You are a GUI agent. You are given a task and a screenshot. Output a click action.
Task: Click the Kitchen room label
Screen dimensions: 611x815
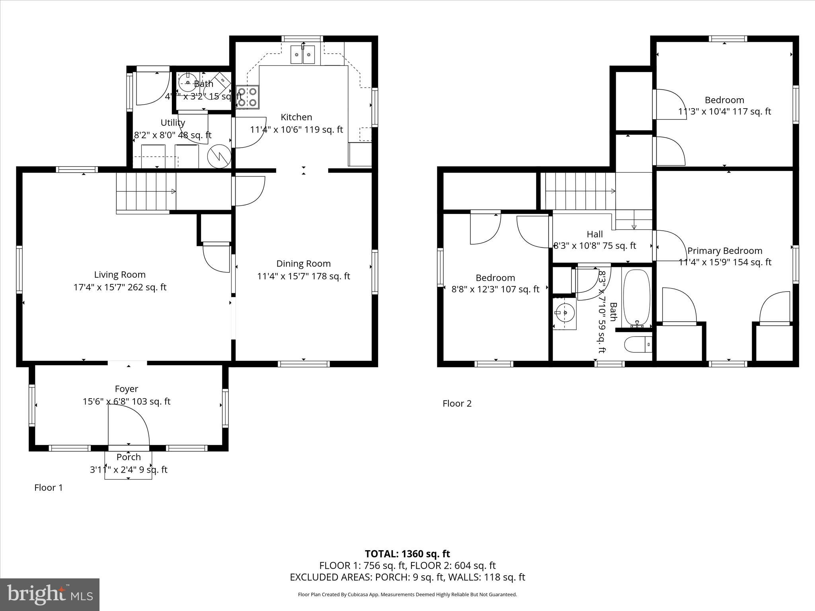[296, 117]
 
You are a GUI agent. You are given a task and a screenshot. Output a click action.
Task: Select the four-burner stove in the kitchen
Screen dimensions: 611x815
[247, 97]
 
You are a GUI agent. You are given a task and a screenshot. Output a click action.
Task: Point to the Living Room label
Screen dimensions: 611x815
[120, 274]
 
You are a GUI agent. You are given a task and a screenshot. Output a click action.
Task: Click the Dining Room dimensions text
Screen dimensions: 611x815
[304, 276]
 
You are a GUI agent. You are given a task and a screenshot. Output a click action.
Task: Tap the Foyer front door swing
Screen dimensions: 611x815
[129, 426]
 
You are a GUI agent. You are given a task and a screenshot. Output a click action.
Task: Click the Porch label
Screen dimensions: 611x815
[129, 457]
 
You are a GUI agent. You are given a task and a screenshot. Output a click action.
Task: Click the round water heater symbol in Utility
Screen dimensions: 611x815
[219, 156]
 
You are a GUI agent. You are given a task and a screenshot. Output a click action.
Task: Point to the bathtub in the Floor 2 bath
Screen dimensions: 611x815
[636, 298]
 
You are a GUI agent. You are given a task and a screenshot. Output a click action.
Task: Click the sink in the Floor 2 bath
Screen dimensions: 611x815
[564, 313]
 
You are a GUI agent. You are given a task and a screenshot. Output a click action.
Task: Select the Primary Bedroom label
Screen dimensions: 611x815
[725, 251]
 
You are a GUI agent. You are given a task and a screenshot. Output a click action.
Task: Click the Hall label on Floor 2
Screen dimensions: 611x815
[595, 234]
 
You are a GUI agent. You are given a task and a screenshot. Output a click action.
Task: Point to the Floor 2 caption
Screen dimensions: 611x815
[457, 403]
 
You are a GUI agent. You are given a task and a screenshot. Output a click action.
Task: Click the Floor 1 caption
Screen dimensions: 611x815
[49, 487]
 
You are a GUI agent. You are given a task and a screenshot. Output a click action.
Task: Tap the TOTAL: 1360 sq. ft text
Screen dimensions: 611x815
[407, 554]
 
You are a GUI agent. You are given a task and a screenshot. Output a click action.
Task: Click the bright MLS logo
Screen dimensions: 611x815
[50, 594]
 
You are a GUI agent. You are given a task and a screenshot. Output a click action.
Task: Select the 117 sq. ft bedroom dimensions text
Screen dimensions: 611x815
[724, 111]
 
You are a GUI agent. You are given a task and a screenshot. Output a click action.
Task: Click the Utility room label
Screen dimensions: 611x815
[173, 123]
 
